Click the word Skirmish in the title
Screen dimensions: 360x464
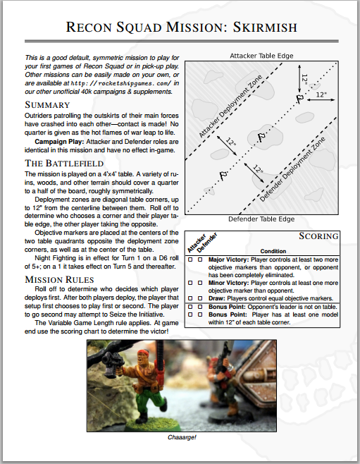(x=265, y=28)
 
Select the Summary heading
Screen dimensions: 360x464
(x=47, y=105)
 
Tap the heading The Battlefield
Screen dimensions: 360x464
(x=64, y=164)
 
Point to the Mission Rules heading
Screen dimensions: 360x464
(x=59, y=280)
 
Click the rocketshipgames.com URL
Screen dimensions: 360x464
(x=121, y=83)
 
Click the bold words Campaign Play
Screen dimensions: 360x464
(x=59, y=142)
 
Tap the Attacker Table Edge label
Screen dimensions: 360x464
(x=261, y=56)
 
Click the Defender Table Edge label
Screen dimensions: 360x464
(x=261, y=219)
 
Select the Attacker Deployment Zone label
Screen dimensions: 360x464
(x=230, y=106)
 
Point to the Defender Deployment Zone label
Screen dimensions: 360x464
(x=292, y=169)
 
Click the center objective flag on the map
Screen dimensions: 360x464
(x=261, y=138)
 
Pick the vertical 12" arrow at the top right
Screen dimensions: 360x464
(x=299, y=79)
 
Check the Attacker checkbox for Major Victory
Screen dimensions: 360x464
(x=190, y=260)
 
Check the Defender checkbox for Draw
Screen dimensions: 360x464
(x=200, y=298)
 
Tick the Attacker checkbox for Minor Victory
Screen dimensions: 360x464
(x=190, y=283)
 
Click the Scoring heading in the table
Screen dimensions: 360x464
(x=318, y=236)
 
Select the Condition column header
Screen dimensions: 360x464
(x=273, y=251)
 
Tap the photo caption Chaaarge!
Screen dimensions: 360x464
(x=182, y=437)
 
